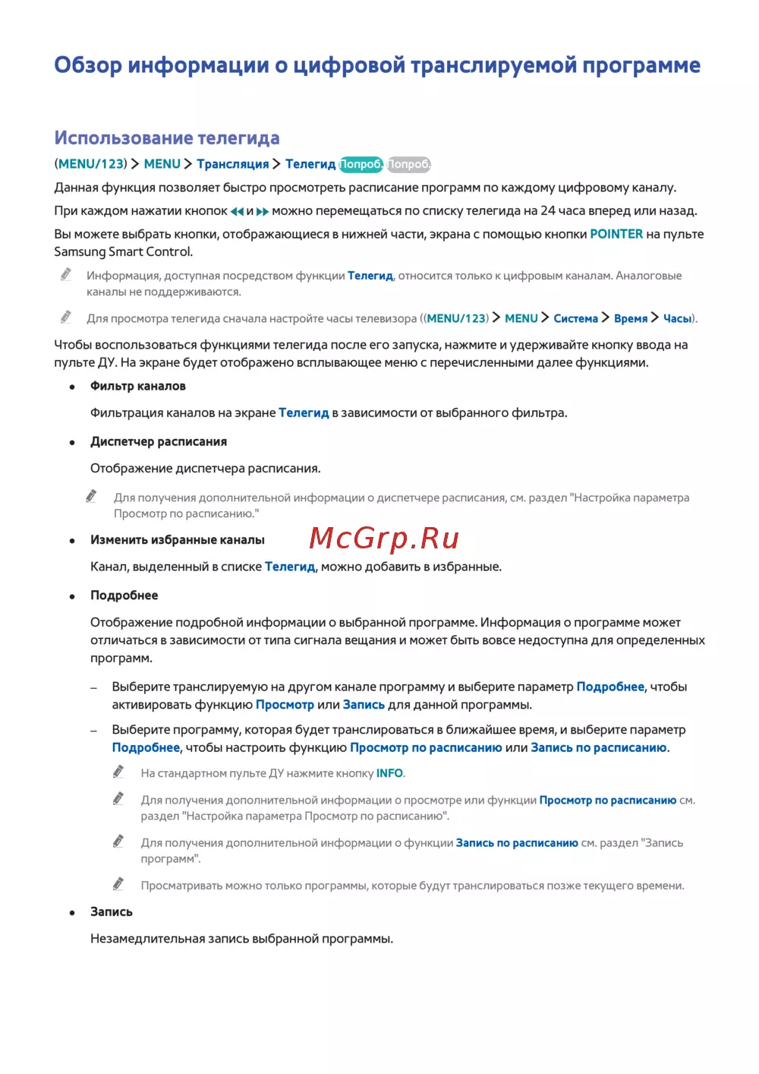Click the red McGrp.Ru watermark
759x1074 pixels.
(384, 539)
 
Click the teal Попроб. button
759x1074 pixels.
(361, 164)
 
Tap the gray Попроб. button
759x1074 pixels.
(409, 164)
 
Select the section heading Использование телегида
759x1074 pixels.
(167, 138)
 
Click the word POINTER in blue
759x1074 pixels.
(616, 234)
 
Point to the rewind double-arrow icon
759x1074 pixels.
(237, 211)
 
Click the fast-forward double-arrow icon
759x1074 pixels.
(263, 211)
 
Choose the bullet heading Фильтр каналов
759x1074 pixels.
(138, 386)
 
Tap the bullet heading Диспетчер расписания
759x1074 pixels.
(159, 441)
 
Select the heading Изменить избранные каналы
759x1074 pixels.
(178, 540)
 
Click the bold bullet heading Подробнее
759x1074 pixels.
(124, 595)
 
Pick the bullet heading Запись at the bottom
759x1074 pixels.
(112, 911)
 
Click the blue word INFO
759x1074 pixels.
(389, 773)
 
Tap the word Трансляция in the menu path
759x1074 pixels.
(233, 164)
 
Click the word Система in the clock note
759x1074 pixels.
(576, 318)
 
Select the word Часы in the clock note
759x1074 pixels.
(677, 318)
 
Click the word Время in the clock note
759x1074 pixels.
(631, 318)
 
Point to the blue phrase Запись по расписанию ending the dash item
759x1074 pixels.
(599, 747)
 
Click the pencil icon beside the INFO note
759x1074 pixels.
(118, 772)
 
